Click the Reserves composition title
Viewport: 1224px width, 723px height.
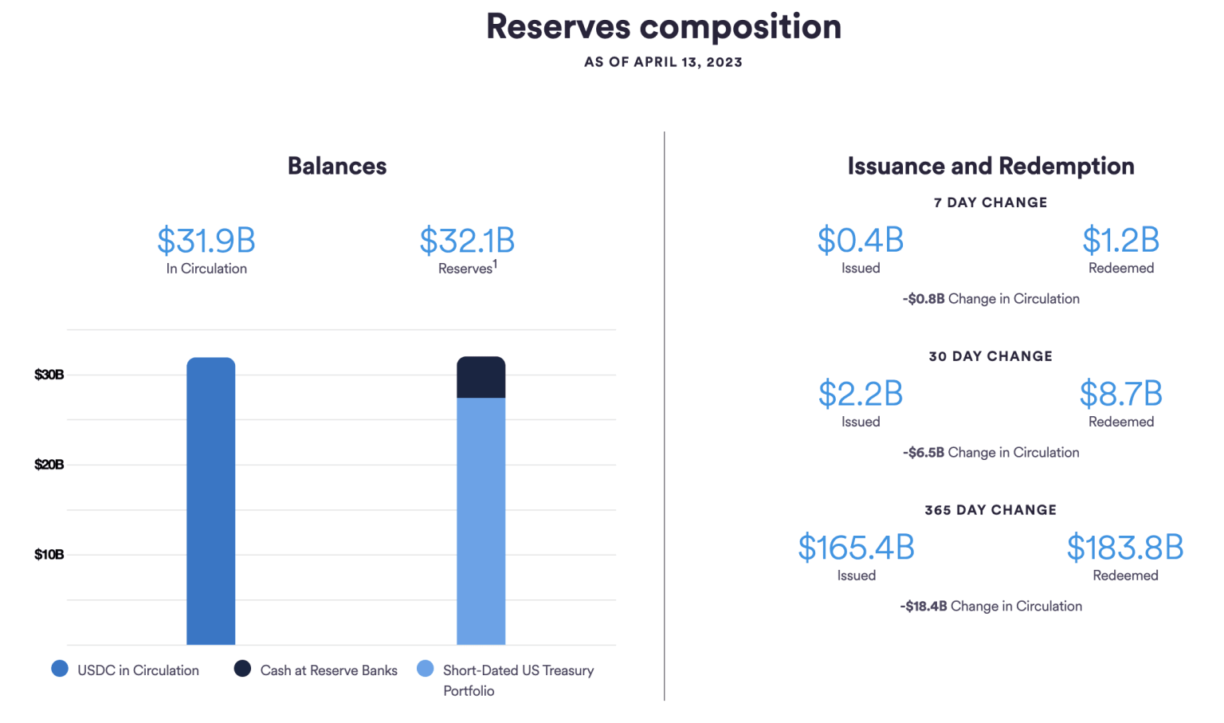click(x=663, y=27)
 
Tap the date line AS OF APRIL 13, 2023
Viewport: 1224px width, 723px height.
click(x=663, y=62)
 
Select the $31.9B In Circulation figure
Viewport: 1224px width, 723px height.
click(x=206, y=240)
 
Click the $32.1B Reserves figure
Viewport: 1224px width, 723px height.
click(x=467, y=240)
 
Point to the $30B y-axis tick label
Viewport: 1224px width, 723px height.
click(x=49, y=375)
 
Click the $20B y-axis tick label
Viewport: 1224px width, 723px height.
click(x=49, y=465)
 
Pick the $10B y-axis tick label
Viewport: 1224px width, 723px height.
click(x=49, y=555)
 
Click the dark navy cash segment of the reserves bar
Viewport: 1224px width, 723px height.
click(x=481, y=377)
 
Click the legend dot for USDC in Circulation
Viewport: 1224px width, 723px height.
click(x=60, y=669)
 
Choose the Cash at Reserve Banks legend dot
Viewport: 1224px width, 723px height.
click(x=242, y=669)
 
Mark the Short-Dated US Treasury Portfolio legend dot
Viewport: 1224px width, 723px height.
click(x=426, y=669)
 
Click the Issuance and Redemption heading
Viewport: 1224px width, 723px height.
click(x=991, y=166)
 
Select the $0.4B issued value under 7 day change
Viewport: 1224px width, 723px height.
click(x=861, y=240)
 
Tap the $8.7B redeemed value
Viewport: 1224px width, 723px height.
click(x=1120, y=394)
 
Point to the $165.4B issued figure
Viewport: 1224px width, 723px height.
click(x=856, y=548)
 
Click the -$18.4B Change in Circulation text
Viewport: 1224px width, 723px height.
click(x=991, y=607)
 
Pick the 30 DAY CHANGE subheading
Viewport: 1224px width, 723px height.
click(x=991, y=356)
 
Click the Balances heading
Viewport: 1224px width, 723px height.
click(x=337, y=166)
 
